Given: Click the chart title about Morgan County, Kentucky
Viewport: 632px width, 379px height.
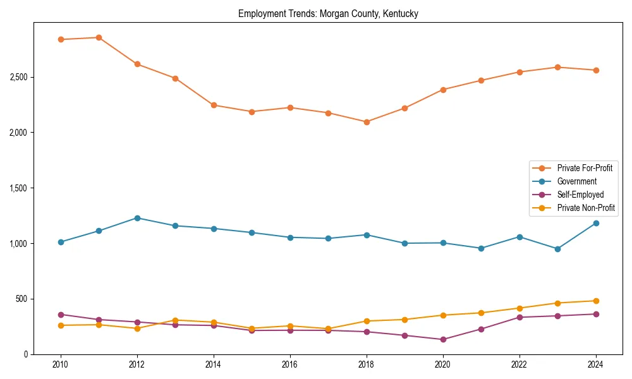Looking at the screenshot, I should pos(328,13).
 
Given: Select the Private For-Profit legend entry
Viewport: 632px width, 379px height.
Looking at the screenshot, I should pos(584,168).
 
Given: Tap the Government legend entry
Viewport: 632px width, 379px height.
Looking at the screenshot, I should pos(576,181).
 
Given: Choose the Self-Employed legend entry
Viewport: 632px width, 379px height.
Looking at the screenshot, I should pos(580,195).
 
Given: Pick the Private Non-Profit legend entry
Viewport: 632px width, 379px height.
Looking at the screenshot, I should pos(586,208).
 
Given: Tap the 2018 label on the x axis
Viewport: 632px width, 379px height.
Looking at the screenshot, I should pos(367,364).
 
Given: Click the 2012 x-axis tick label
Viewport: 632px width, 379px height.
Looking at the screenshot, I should pos(137,364).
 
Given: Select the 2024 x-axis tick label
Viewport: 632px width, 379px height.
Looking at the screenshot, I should pos(595,364).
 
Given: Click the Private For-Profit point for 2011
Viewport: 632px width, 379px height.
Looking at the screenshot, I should pos(99,37).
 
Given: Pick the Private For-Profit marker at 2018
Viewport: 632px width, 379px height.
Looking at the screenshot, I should pos(367,122).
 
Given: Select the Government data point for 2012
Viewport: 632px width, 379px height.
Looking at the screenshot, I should pos(137,218).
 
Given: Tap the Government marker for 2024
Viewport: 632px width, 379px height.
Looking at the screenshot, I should pos(595,223).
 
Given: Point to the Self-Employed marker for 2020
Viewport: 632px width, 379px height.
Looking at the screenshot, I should pos(443,339).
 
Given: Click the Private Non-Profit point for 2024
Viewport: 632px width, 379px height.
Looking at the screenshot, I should pos(595,301).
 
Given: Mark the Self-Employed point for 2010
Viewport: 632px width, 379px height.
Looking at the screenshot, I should pos(61,315).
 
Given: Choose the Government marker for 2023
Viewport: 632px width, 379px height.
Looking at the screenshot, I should pos(557,249).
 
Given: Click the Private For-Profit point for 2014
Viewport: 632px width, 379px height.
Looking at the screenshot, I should pos(214,105).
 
